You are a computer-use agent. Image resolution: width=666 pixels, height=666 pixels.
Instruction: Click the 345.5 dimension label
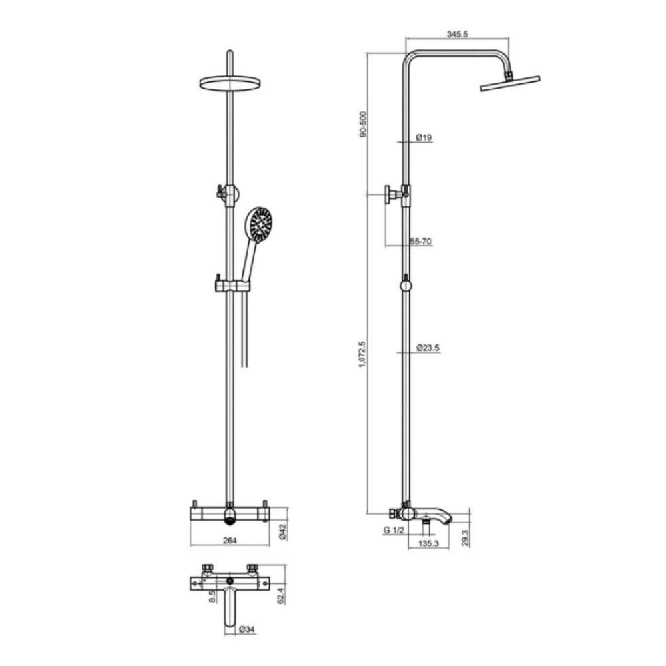click(457, 34)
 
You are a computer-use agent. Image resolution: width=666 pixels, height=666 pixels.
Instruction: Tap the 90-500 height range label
click(363, 124)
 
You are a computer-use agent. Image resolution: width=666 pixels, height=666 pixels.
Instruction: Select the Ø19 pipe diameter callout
click(424, 137)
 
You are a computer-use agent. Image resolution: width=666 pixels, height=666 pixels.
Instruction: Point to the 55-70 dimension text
click(420, 241)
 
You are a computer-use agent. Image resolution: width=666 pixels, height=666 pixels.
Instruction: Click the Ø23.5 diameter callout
click(428, 348)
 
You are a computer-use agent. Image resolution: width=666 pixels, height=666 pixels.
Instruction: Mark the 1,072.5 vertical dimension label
click(362, 354)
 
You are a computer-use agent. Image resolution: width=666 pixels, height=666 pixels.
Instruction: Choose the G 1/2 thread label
click(394, 530)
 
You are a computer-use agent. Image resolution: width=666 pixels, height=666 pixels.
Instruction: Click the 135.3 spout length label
click(428, 543)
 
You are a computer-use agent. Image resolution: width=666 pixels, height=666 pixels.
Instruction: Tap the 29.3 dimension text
click(465, 537)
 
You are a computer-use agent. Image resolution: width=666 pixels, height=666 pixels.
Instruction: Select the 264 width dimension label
click(230, 541)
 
